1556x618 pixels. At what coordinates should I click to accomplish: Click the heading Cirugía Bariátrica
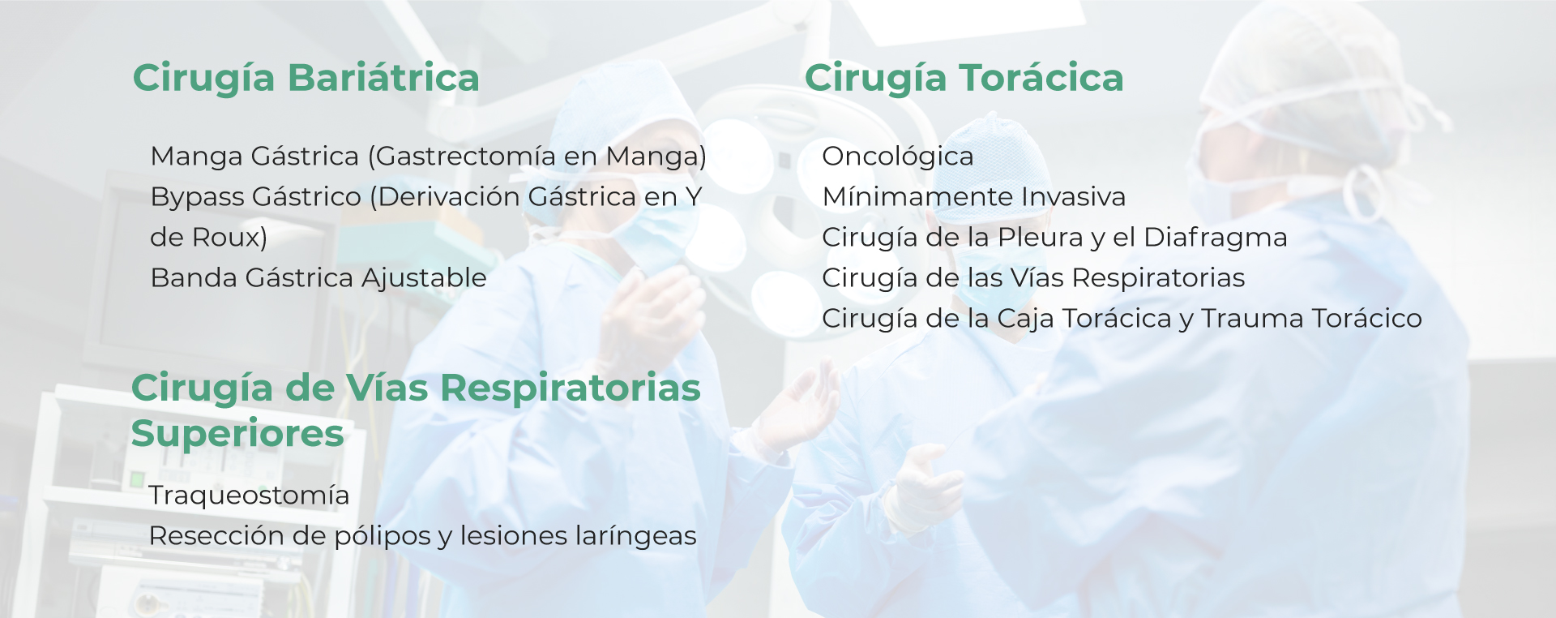click(306, 79)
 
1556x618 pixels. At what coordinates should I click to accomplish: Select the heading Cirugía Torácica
click(964, 79)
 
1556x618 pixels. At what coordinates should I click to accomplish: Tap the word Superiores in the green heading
click(237, 435)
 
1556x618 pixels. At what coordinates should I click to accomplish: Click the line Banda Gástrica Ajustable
click(318, 278)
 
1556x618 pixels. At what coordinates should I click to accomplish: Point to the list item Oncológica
click(898, 157)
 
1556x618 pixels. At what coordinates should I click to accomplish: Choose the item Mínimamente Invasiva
click(974, 197)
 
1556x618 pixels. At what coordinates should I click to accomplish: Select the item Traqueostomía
click(250, 496)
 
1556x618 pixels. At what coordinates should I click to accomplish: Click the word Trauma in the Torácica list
click(1252, 319)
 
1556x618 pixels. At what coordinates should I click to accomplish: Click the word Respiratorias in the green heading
click(571, 388)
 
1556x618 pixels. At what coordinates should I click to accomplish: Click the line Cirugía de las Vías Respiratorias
click(1033, 278)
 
